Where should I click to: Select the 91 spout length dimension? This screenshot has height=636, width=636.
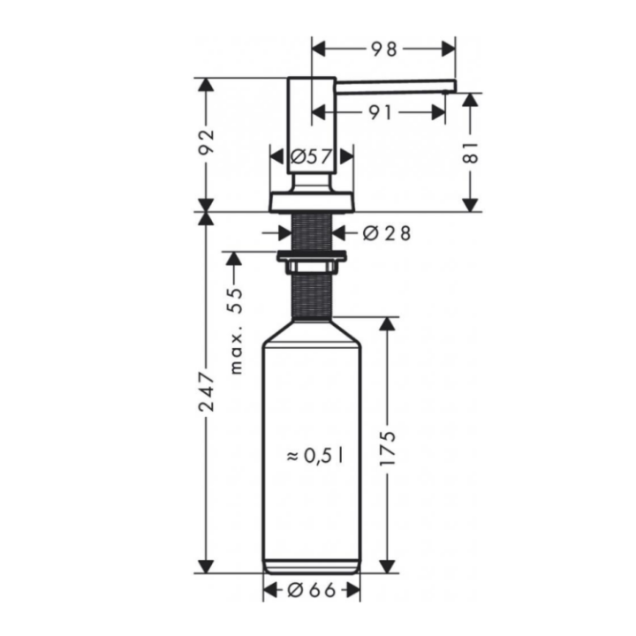point(382,112)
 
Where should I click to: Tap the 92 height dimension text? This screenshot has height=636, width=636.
point(207,144)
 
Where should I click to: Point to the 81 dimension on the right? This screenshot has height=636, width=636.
point(472,152)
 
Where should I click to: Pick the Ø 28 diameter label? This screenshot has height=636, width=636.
point(386,233)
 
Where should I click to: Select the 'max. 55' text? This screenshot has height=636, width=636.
point(235,329)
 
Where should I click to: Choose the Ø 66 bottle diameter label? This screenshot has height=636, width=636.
point(312,590)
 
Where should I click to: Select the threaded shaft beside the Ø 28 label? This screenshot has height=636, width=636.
point(311,231)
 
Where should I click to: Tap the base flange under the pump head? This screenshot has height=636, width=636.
point(311,201)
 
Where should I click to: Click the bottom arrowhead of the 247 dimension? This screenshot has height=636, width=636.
point(207,566)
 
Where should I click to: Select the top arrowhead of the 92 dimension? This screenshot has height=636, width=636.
point(207,85)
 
